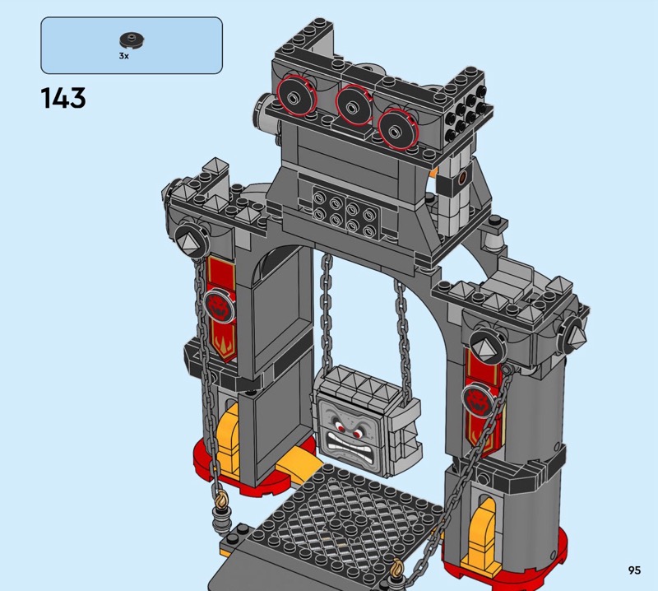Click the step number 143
[63, 98]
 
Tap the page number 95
[634, 570]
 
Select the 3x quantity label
[124, 56]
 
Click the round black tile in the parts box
[132, 40]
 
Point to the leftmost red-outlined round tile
[294, 95]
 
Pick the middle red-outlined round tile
[354, 105]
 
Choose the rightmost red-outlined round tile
[397, 129]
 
